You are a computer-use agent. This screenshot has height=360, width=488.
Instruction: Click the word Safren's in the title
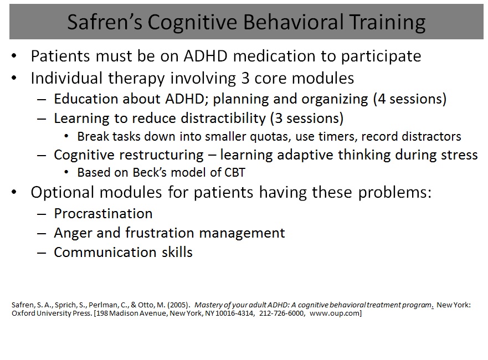click(105, 22)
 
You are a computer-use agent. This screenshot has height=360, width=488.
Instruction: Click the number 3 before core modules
click(245, 79)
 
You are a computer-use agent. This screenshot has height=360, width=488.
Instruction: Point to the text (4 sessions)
click(410, 99)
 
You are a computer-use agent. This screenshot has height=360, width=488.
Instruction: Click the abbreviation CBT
click(234, 172)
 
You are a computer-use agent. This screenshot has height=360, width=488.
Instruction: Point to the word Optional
click(65, 193)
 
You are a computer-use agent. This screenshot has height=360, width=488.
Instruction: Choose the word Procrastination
click(104, 214)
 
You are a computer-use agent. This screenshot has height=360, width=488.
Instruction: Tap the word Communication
click(105, 253)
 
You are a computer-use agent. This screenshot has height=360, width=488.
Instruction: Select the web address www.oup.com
click(336, 313)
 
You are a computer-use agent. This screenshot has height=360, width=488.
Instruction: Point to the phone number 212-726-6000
click(281, 313)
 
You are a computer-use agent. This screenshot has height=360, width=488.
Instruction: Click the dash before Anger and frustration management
click(42, 233)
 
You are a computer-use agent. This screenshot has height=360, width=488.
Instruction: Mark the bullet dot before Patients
click(14, 56)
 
